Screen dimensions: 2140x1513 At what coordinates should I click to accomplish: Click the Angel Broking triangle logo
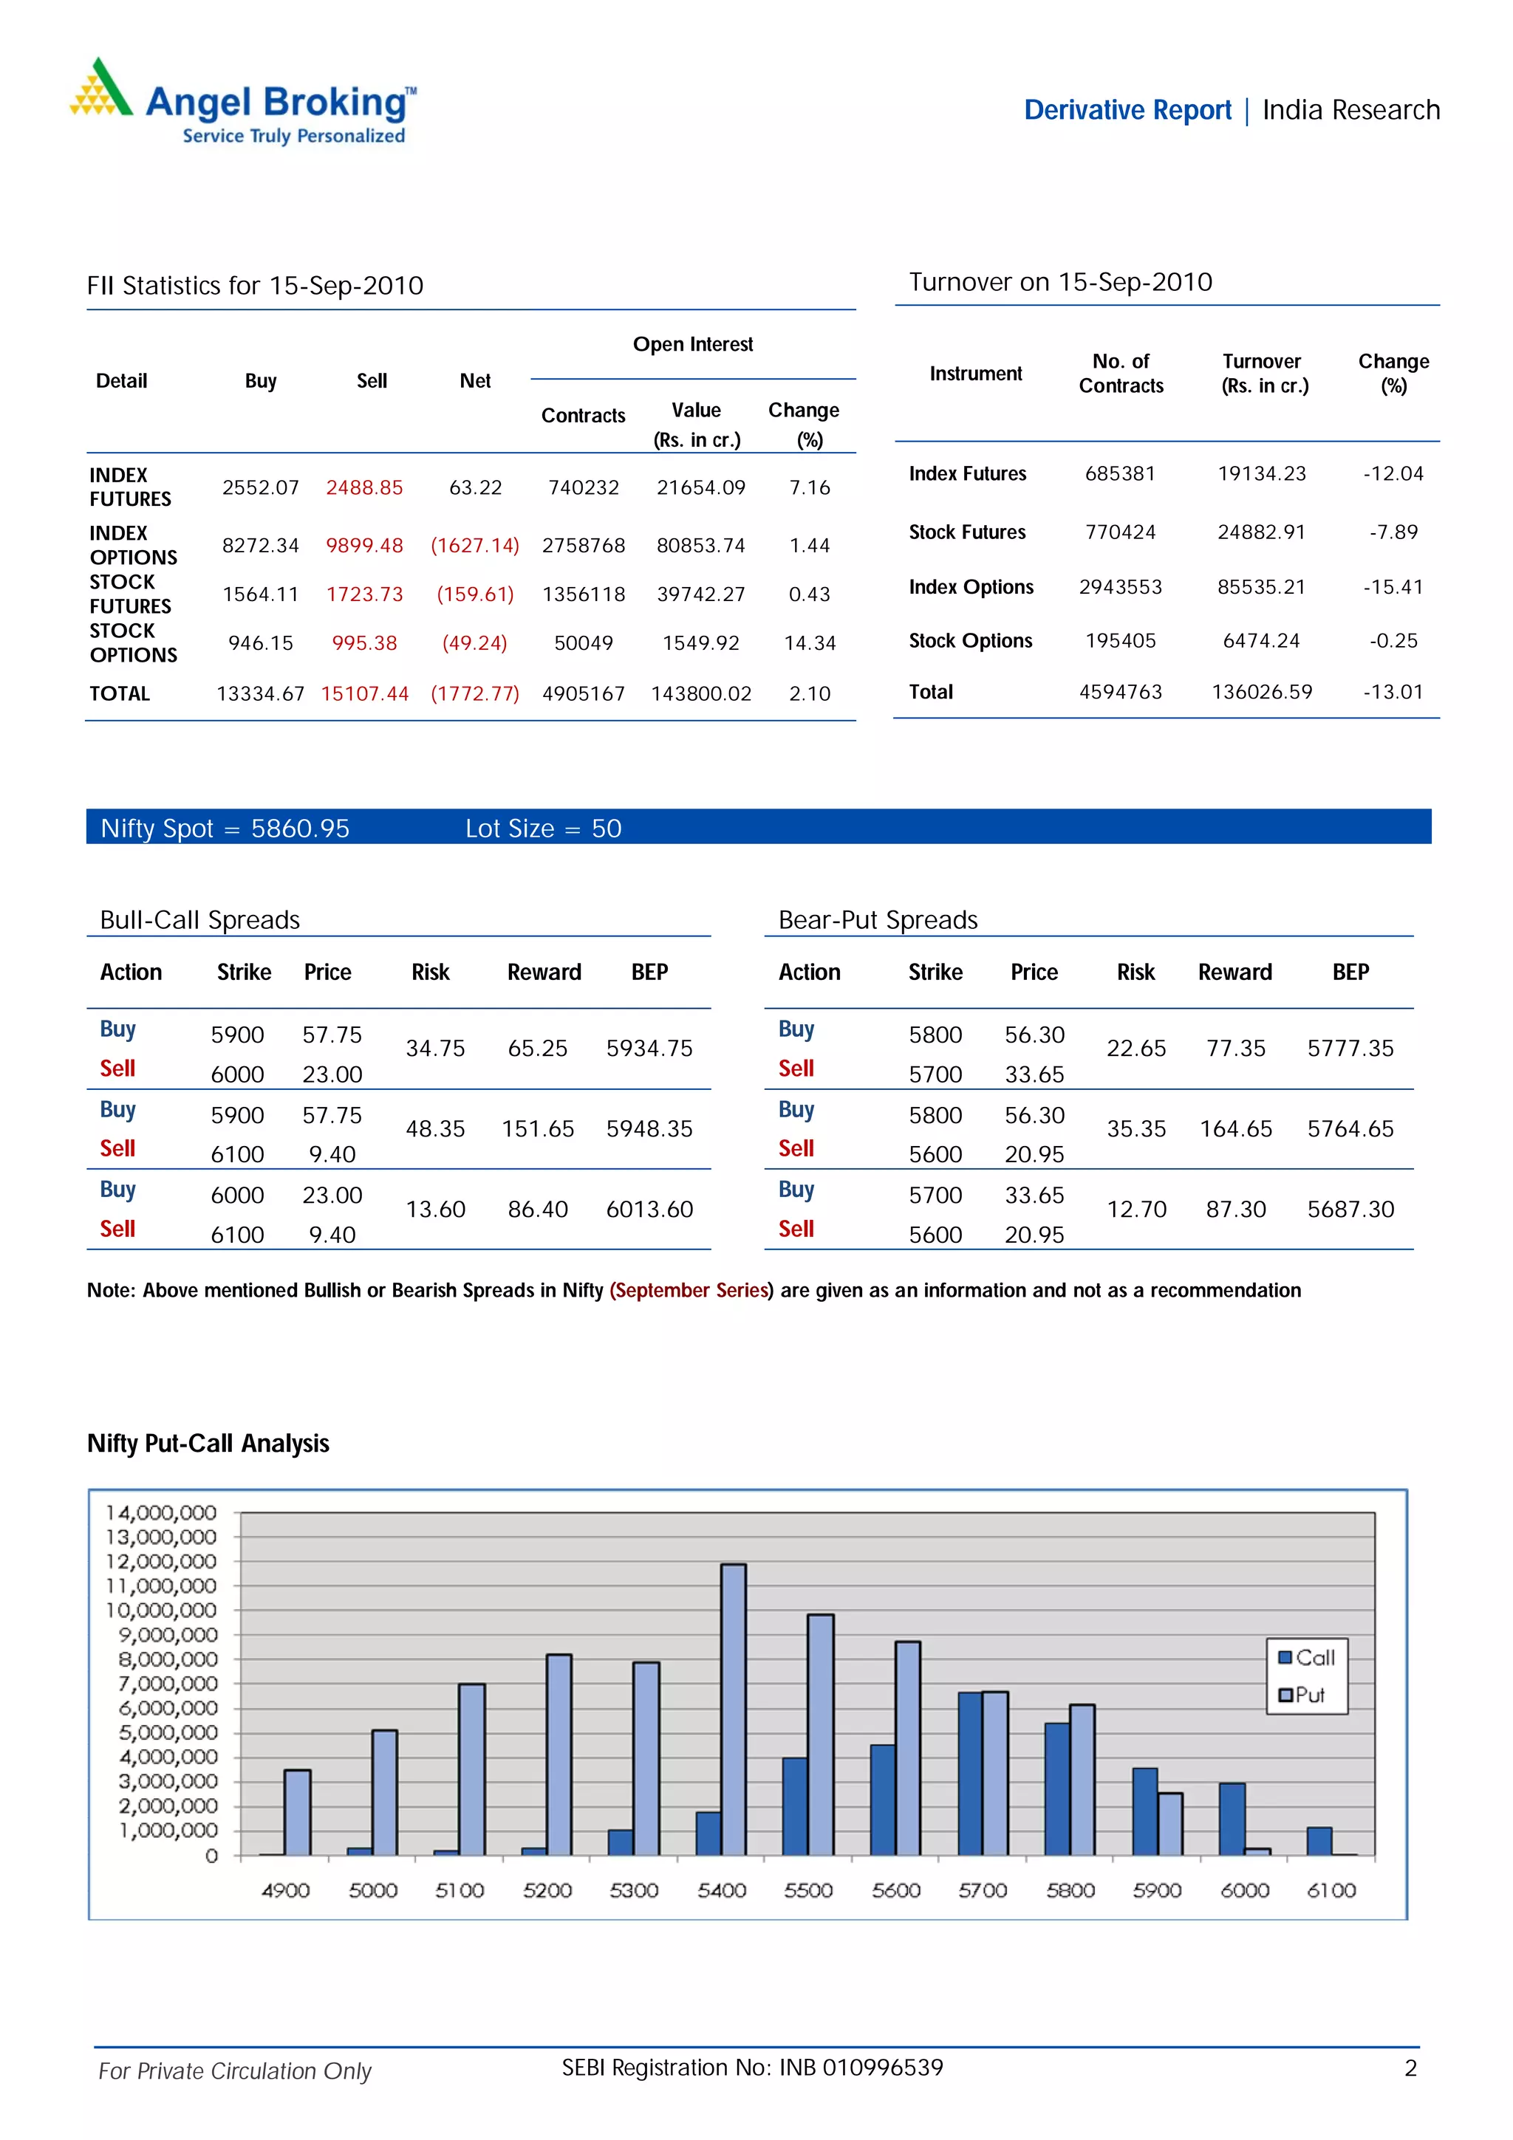pos(100,89)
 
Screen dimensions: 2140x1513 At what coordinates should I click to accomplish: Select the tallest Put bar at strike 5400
pos(733,1709)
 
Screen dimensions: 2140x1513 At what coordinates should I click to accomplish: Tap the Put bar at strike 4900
pos(298,1812)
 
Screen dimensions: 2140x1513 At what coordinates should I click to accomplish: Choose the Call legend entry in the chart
pos(1306,1657)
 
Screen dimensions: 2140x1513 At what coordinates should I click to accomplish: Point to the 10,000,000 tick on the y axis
pos(160,1611)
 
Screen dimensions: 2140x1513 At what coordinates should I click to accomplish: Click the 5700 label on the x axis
pos(983,1890)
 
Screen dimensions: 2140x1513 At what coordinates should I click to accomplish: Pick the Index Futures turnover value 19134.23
pos(1261,473)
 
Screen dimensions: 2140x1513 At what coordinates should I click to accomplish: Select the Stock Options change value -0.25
pos(1393,641)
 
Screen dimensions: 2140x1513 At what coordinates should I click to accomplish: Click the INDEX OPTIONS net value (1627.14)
pos(474,545)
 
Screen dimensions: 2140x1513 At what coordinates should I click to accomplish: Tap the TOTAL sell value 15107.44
pos(364,693)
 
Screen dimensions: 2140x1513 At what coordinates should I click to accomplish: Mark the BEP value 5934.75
pos(649,1049)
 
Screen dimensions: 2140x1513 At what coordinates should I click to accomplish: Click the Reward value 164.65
pos(1235,1129)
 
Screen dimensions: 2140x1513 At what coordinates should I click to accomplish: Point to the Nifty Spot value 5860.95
pos(300,829)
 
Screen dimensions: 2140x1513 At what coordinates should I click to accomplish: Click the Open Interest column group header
pos(693,345)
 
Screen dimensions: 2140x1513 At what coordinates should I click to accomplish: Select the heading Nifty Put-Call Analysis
pos(208,1444)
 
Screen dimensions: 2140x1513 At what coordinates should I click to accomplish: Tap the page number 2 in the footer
pos(1410,2068)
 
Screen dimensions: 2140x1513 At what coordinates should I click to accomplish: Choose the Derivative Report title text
pos(1127,111)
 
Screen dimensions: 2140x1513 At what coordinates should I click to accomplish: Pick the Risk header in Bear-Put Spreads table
pos(1135,972)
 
